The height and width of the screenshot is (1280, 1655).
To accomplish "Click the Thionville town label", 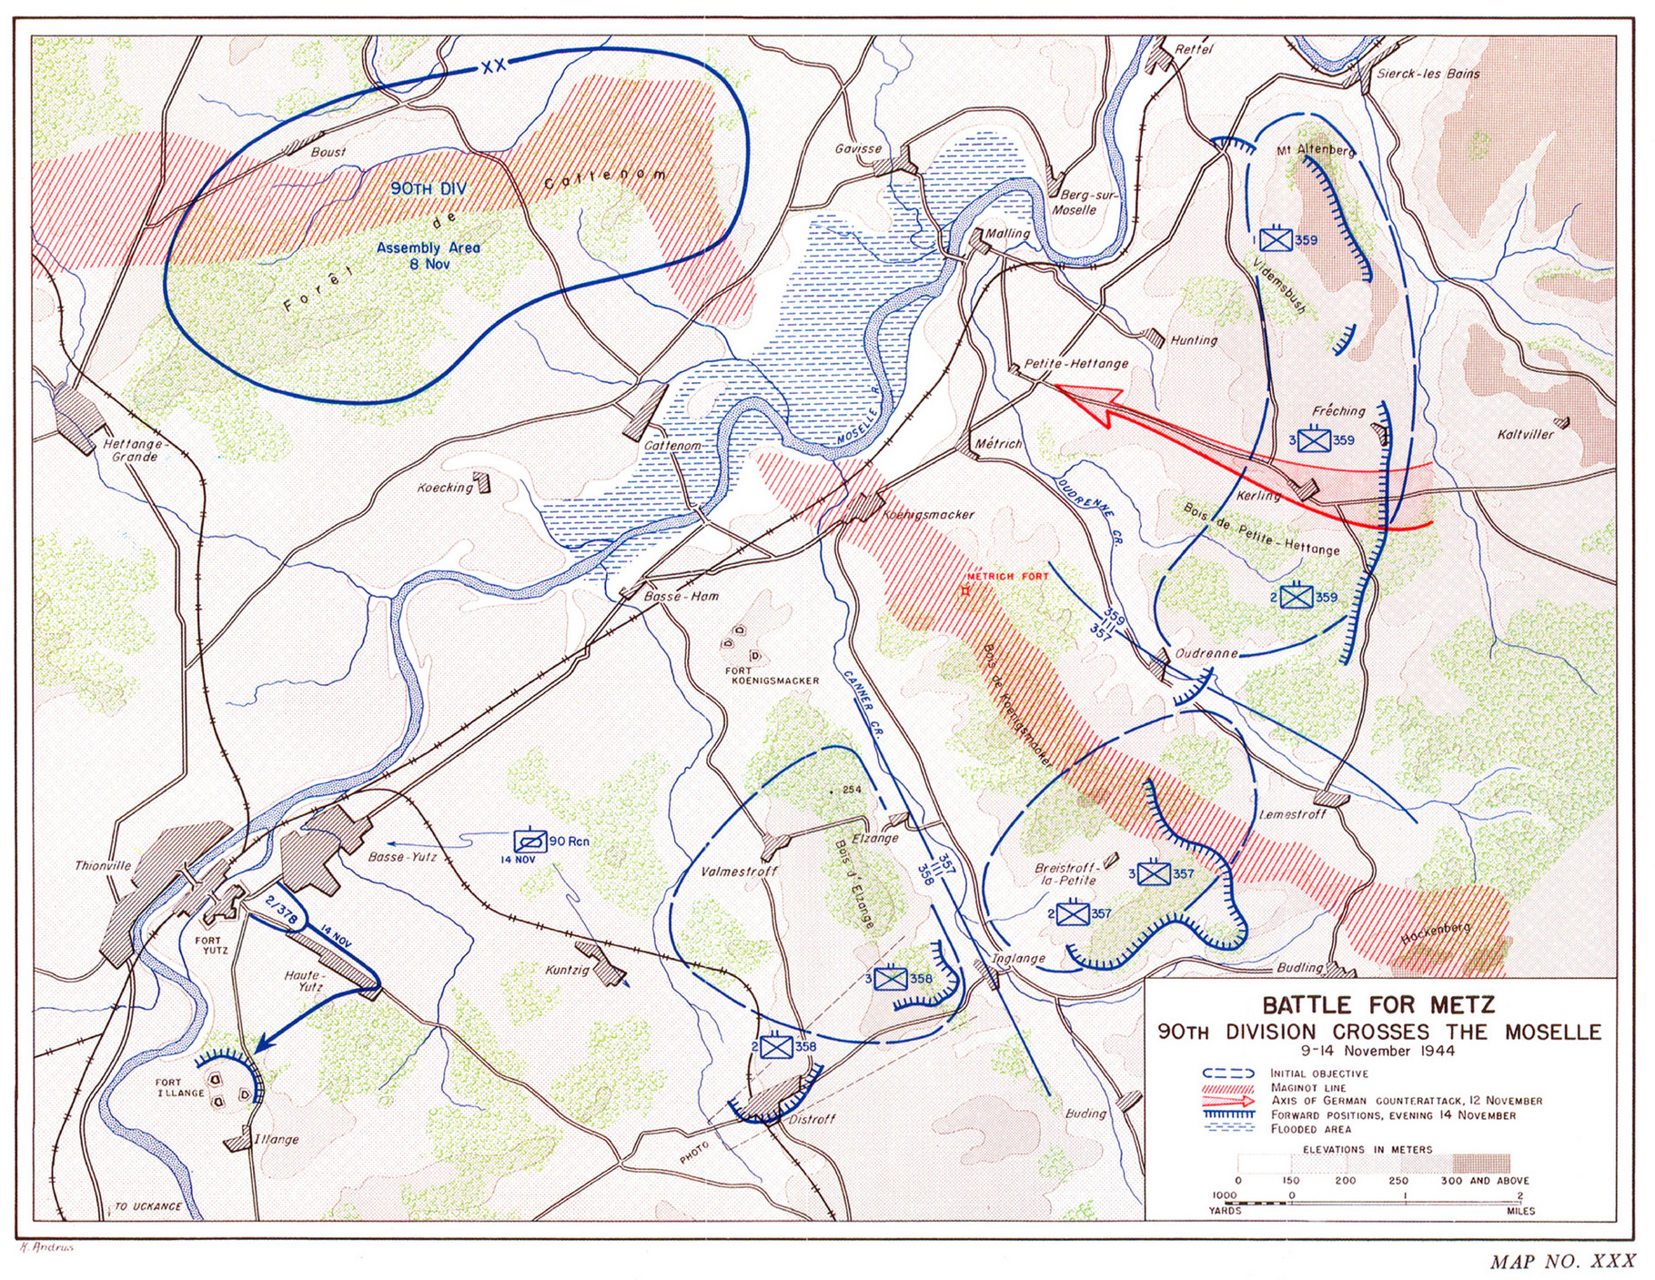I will (x=103, y=865).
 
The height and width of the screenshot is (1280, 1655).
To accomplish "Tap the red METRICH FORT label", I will (x=1007, y=576).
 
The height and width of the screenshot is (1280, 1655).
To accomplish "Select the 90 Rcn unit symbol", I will (x=529, y=842).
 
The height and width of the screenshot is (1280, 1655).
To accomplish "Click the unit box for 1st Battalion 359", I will (x=1277, y=239).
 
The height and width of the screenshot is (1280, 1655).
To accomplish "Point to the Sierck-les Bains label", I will (x=1428, y=74).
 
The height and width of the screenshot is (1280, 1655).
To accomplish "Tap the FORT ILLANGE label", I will (x=179, y=1087).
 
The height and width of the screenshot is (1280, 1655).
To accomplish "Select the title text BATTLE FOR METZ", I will (x=1377, y=1005).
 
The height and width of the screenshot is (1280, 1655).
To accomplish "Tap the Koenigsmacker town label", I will (x=928, y=514).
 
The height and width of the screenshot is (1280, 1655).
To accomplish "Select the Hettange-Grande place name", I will (x=133, y=450).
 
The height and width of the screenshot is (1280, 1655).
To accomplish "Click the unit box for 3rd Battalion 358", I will (x=891, y=979).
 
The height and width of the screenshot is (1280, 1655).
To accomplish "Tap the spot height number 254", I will (x=851, y=789).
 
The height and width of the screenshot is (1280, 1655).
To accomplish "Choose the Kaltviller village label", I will (x=1525, y=434).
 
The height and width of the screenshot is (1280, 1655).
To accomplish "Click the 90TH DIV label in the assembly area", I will (x=428, y=188).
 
